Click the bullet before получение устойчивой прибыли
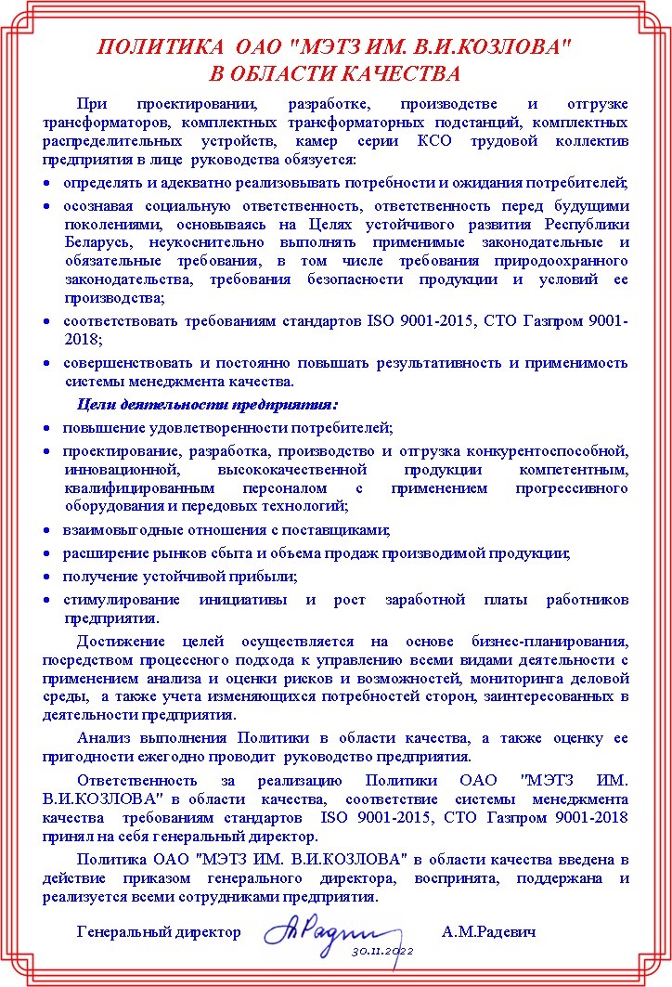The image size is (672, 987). [x=47, y=577]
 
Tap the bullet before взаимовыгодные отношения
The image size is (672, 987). [x=47, y=530]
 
